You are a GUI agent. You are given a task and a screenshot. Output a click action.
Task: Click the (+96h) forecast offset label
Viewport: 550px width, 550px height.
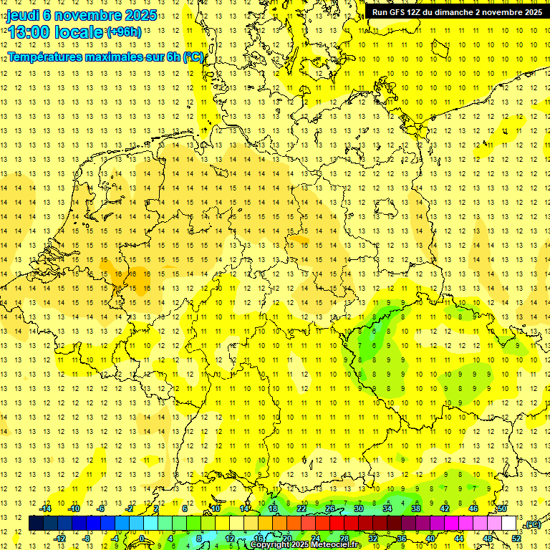pyautogui.click(x=125, y=32)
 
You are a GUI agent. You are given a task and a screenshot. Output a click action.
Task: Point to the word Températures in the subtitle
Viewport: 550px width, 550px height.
pyautogui.click(x=46, y=57)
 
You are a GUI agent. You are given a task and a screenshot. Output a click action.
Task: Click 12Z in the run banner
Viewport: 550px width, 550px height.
pyautogui.click(x=418, y=12)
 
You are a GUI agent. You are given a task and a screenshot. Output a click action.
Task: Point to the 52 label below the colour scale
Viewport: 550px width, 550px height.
pyautogui.click(x=517, y=538)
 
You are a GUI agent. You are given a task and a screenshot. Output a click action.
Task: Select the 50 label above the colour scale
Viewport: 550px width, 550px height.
pyautogui.click(x=502, y=508)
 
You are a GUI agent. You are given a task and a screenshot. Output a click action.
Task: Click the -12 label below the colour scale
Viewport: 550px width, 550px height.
pyautogui.click(x=59, y=538)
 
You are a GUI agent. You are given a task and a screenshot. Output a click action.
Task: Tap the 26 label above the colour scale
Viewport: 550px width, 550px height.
pyautogui.click(x=330, y=508)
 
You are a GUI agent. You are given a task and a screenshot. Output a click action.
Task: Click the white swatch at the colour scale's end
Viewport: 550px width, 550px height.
pyautogui.click(x=509, y=524)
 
